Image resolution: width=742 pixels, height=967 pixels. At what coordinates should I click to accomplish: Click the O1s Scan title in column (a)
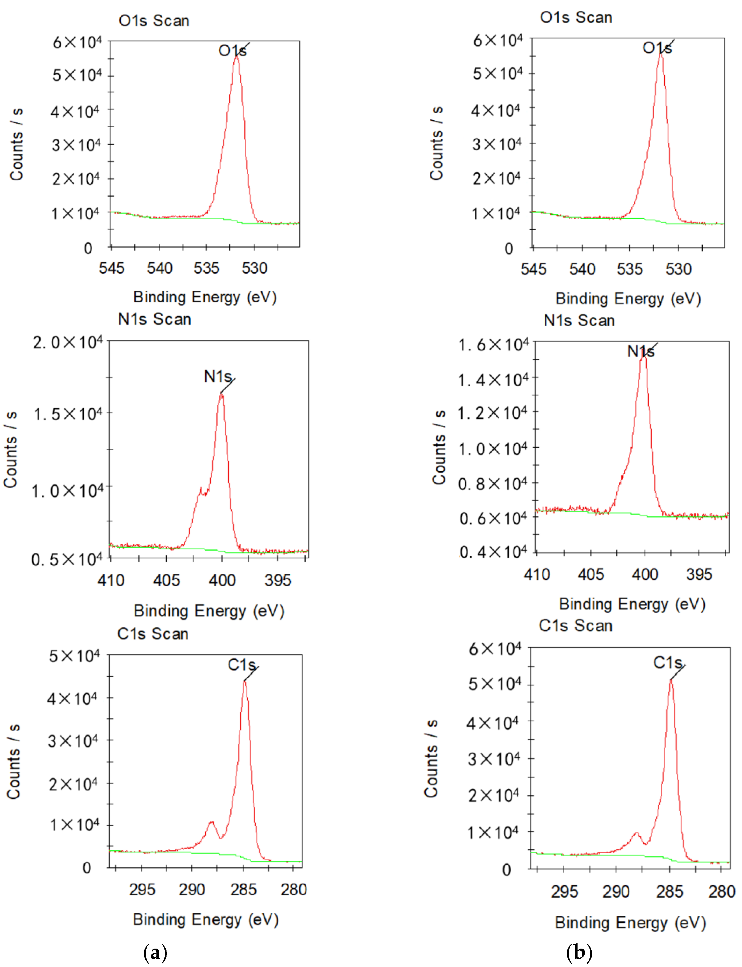coord(154,21)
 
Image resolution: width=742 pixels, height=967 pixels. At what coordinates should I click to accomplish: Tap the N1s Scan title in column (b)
coord(579,320)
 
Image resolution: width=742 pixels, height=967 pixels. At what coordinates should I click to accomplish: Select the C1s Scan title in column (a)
coord(153,634)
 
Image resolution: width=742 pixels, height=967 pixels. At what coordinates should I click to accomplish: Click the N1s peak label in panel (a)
coord(217,376)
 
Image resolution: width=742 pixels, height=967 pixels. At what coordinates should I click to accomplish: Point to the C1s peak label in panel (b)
coord(667,663)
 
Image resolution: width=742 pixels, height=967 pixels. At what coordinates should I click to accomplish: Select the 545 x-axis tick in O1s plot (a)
coord(111,268)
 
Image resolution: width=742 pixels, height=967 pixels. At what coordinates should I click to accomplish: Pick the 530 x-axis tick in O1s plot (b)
coord(678,269)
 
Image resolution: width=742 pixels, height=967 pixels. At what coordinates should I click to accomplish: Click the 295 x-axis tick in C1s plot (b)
coord(564,891)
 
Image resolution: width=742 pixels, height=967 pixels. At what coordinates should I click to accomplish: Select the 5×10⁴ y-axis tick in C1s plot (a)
coord(74,656)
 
